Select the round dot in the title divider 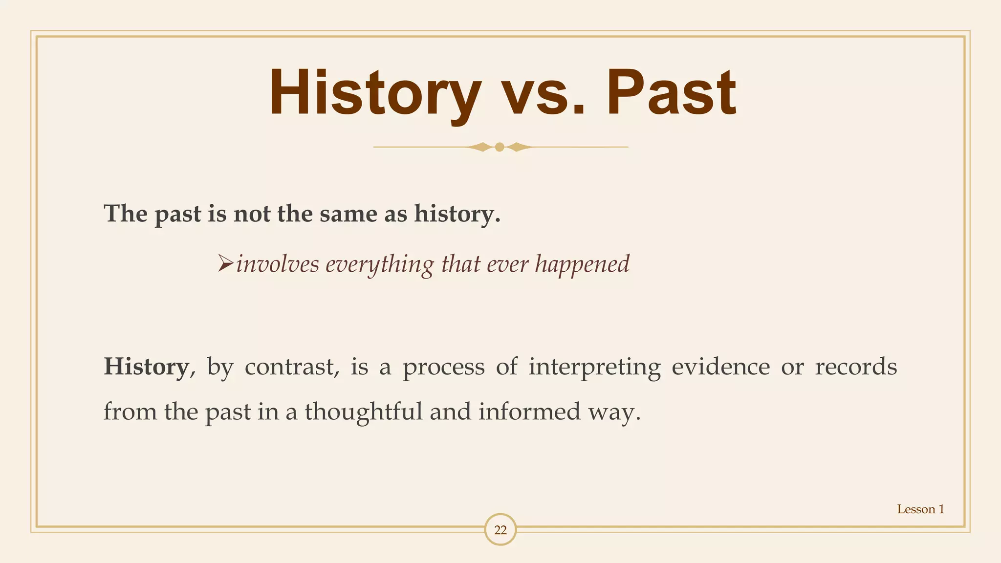coord(500,147)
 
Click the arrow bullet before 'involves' coord(225,264)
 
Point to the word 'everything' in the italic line coord(379,265)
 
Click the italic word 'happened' coord(582,265)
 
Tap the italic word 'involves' coord(277,265)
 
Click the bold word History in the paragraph coord(146,367)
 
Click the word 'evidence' coord(720,367)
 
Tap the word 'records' coord(855,367)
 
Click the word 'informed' coord(529,411)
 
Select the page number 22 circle coord(500,530)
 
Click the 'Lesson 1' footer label coord(920,509)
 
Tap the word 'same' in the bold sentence coord(348,214)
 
